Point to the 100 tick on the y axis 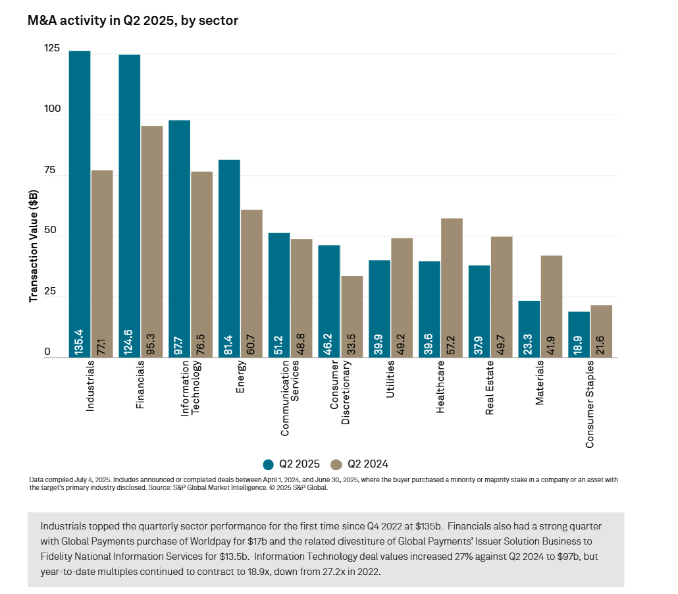click(51, 109)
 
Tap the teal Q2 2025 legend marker click(268, 464)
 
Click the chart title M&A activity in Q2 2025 click(132, 21)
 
